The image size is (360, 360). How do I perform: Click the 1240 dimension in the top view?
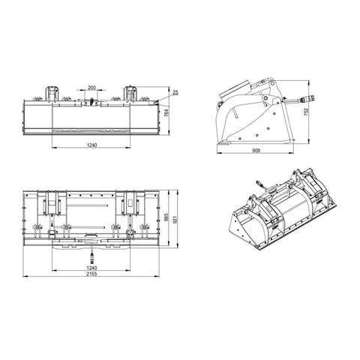(91, 268)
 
